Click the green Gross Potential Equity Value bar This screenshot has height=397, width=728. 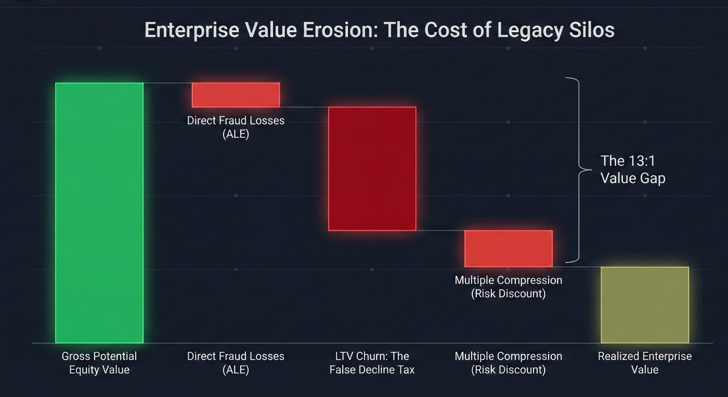[99, 213]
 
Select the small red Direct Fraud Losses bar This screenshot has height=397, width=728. [236, 95]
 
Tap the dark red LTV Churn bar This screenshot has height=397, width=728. [372, 168]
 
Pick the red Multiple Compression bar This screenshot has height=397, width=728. [508, 248]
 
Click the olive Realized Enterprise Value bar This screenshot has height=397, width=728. [644, 305]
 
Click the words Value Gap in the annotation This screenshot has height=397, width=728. [633, 178]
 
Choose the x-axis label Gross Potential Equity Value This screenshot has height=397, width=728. [99, 363]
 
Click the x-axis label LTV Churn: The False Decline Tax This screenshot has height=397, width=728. [372, 363]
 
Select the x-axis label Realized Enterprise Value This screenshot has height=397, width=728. [644, 363]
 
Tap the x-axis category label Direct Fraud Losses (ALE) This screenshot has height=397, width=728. [236, 363]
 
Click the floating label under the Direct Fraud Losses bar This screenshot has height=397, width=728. [236, 127]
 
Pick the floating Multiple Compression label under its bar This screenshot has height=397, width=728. [508, 287]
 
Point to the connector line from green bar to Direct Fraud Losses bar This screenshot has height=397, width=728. [167, 83]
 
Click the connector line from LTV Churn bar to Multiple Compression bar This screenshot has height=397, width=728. [440, 230]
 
